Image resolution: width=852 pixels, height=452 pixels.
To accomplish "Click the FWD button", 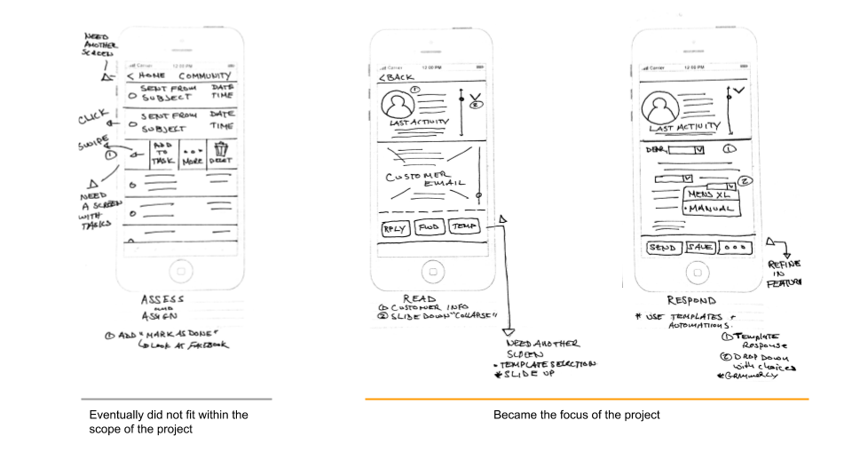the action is point(429,227).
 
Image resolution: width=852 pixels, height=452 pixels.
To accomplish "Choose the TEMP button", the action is point(464,227).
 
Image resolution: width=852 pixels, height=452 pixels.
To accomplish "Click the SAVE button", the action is point(700,248).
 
